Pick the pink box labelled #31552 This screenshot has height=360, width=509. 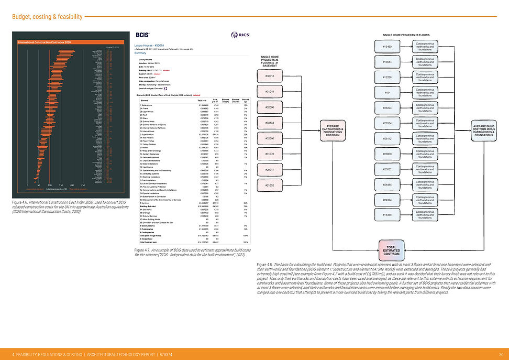click(x=270, y=186)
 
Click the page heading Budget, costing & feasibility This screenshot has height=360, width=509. click(x=47, y=17)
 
